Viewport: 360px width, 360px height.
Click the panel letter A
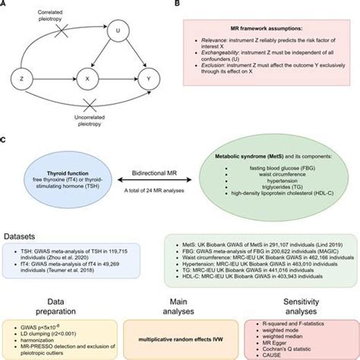(6, 5)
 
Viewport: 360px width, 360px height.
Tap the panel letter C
(6, 139)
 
